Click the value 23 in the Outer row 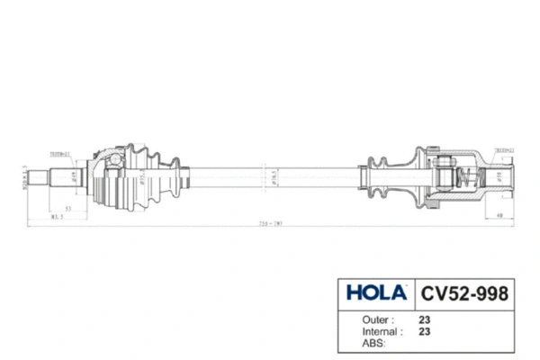424,319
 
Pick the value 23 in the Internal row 424,331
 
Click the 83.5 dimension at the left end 56,217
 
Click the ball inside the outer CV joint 115,162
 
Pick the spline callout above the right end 504,150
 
